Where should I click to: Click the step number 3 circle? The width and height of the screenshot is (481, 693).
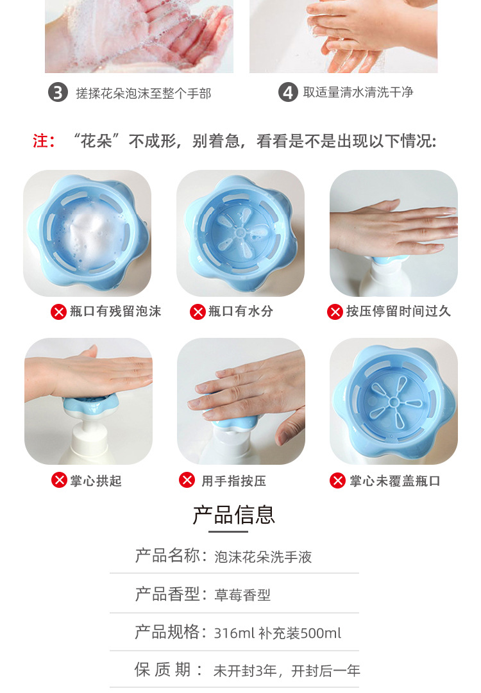pos(58,92)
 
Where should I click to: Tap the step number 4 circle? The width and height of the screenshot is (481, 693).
pos(288,92)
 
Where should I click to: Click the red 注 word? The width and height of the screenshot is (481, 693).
pos(40,141)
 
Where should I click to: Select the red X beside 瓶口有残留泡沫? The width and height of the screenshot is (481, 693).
pos(58,312)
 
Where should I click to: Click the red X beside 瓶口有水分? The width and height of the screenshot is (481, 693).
pos(197,312)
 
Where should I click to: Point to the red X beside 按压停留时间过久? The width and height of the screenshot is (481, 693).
pos(335,312)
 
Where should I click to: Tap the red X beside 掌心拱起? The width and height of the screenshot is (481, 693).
pos(59,480)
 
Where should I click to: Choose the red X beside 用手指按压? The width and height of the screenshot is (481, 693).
pos(187,480)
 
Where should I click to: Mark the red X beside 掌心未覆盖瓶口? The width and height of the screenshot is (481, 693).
pos(338,480)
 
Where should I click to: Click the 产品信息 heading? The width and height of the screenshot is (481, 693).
pos(234,514)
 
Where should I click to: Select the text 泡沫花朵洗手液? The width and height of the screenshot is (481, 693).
pos(263,557)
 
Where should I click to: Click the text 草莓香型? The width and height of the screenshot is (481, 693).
pos(242,595)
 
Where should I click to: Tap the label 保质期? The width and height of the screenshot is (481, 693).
pos(162,669)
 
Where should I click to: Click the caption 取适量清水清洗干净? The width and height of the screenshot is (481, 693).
pos(358,92)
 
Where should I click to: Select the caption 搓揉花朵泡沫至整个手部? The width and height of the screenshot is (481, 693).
pos(143,93)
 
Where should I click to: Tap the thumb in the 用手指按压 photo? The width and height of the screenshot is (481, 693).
pos(290,426)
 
